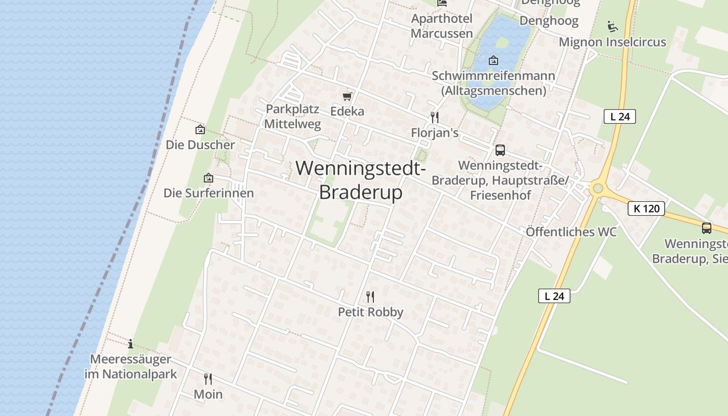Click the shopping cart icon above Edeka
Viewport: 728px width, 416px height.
[347, 96]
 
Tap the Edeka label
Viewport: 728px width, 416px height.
[347, 111]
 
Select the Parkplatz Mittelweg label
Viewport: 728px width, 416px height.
[292, 117]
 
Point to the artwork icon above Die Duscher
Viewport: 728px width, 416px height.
[200, 129]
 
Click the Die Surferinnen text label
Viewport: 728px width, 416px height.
[209, 193]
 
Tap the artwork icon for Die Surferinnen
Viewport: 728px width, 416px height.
[209, 178]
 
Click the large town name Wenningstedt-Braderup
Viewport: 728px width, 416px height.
[361, 180]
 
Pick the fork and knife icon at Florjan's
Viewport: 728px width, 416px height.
[435, 117]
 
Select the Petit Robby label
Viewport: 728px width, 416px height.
[370, 312]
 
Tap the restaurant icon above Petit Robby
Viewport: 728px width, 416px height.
[370, 297]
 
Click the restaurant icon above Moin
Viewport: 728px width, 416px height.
[208, 379]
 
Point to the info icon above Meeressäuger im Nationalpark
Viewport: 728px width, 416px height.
[131, 344]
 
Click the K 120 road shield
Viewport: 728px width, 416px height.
[646, 209]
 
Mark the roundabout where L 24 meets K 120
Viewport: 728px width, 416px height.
[597, 188]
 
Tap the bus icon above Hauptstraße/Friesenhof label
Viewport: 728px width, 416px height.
[500, 150]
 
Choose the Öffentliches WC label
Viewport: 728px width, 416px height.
[571, 232]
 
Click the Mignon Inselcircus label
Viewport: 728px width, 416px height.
[612, 42]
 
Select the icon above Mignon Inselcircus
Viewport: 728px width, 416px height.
[612, 26]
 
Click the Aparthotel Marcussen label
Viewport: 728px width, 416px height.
[442, 26]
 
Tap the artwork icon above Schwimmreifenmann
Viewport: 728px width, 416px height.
[493, 61]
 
